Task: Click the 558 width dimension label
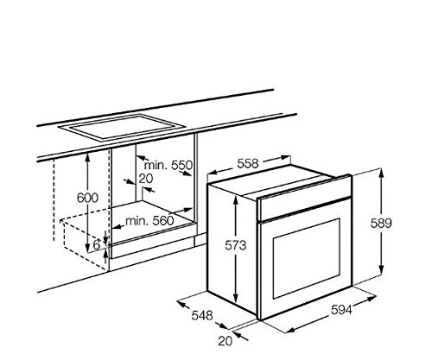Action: click(248, 164)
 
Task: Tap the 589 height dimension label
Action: click(381, 223)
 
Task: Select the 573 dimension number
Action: click(236, 245)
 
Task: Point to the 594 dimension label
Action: click(341, 310)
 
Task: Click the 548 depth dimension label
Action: click(202, 315)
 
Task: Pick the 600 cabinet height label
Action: click(88, 198)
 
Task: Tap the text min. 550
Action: click(168, 165)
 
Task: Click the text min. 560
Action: click(149, 221)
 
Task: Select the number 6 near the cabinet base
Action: click(97, 245)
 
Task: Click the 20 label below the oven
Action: click(226, 341)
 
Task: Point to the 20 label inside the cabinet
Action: click(146, 179)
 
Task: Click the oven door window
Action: click(307, 258)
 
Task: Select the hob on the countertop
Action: click(121, 127)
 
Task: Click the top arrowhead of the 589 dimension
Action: click(381, 173)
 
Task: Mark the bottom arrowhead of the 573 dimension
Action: click(236, 297)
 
